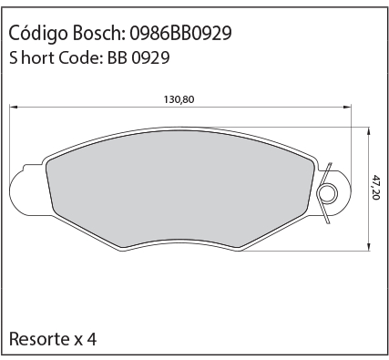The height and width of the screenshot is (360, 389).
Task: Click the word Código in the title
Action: tap(38, 33)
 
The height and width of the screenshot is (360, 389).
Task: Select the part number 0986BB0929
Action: tap(180, 33)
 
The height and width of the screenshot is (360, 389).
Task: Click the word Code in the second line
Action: tap(78, 57)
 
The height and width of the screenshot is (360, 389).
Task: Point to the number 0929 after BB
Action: tap(150, 57)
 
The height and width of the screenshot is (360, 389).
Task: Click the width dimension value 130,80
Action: tap(179, 99)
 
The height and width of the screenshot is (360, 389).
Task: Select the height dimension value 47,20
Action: tap(376, 187)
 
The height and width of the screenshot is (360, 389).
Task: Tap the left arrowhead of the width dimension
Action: tap(14, 107)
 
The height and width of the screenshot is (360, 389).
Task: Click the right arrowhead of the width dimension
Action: tap(347, 107)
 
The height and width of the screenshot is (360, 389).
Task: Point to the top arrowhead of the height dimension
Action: tap(369, 132)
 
